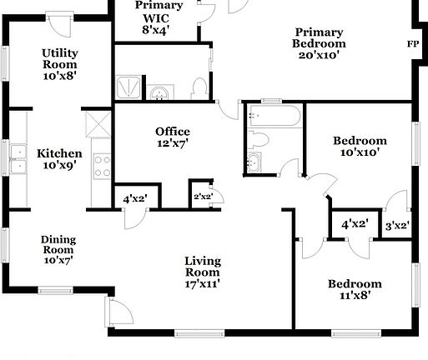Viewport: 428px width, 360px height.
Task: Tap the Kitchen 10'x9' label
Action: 59,159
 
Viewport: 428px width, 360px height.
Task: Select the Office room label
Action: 173,137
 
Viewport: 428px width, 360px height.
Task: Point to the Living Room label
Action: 203,272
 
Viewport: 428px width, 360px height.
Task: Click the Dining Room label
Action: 58,249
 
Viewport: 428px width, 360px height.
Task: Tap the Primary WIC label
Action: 155,17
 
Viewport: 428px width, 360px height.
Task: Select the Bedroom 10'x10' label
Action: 360,147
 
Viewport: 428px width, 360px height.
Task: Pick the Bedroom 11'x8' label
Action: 355,289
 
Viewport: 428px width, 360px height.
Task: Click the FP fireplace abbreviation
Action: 412,44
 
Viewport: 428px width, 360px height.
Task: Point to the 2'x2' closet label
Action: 202,197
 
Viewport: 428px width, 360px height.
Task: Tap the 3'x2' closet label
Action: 396,225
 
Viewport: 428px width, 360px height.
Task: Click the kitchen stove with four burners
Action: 102,166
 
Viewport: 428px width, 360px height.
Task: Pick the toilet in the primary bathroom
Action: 198,87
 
